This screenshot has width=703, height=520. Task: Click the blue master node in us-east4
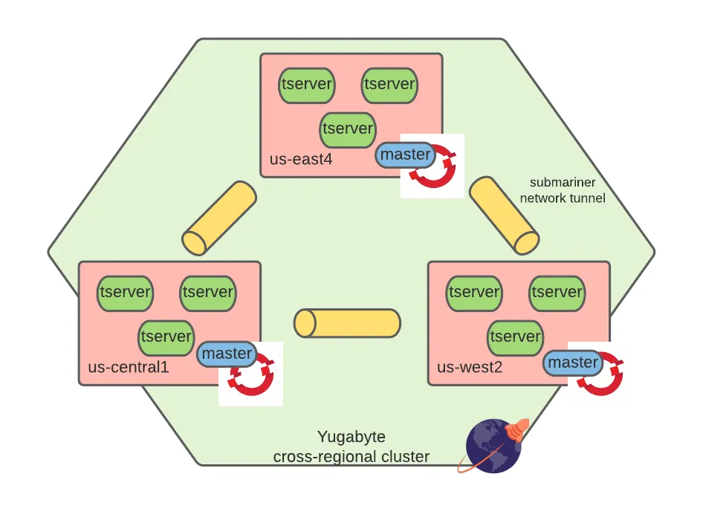[405, 155]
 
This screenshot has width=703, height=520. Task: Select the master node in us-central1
[227, 354]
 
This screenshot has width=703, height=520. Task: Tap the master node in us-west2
[573, 363]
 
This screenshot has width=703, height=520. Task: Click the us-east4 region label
[301, 159]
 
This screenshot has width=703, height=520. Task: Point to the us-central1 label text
[129, 367]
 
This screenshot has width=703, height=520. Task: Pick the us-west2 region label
[470, 367]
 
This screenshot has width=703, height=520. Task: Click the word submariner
[563, 183]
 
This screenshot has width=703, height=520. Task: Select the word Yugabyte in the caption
[351, 437]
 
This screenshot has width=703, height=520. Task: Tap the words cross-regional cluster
[351, 457]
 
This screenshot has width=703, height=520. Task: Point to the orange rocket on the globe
[518, 429]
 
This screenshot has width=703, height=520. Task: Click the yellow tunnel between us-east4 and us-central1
[219, 218]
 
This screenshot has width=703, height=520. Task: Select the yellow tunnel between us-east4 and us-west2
[505, 215]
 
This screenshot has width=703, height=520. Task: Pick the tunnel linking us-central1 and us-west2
[347, 322]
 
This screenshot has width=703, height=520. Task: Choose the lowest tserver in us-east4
[348, 130]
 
